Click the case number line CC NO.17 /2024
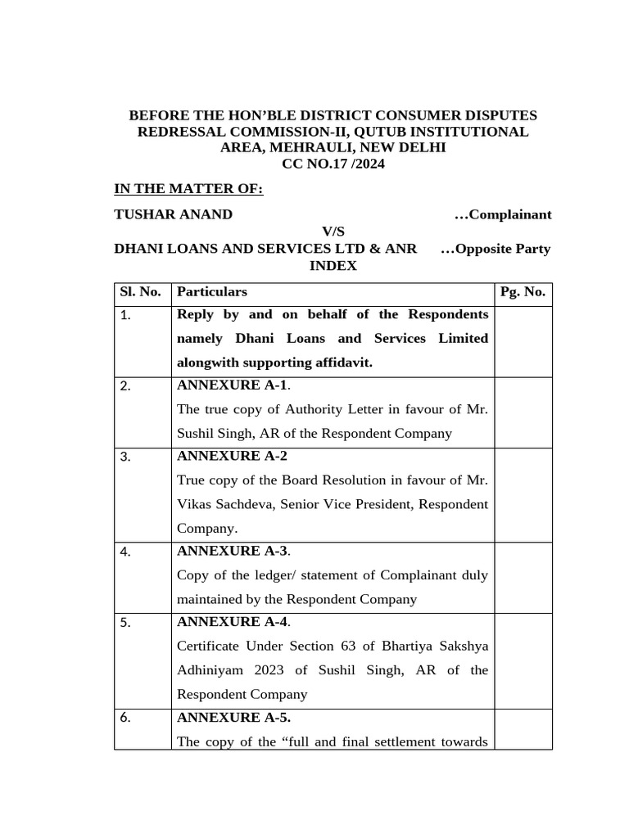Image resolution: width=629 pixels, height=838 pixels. [x=333, y=164]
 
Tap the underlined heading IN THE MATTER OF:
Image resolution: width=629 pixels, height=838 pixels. [x=188, y=189]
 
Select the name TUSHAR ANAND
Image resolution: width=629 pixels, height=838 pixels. [x=173, y=214]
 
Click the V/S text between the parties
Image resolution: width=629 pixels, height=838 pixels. [x=333, y=232]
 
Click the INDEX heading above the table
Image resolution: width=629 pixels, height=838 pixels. [x=333, y=266]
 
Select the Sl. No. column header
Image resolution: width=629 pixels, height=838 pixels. [x=141, y=292]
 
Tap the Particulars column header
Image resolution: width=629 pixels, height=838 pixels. [x=212, y=292]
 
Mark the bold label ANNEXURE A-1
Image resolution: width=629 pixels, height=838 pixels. [x=232, y=385]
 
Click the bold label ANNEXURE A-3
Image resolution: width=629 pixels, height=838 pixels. [x=232, y=551]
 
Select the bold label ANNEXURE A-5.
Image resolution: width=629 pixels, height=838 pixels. [x=233, y=718]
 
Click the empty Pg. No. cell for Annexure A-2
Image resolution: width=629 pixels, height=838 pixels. [x=523, y=494]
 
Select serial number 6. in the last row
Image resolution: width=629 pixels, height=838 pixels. [x=125, y=719]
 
